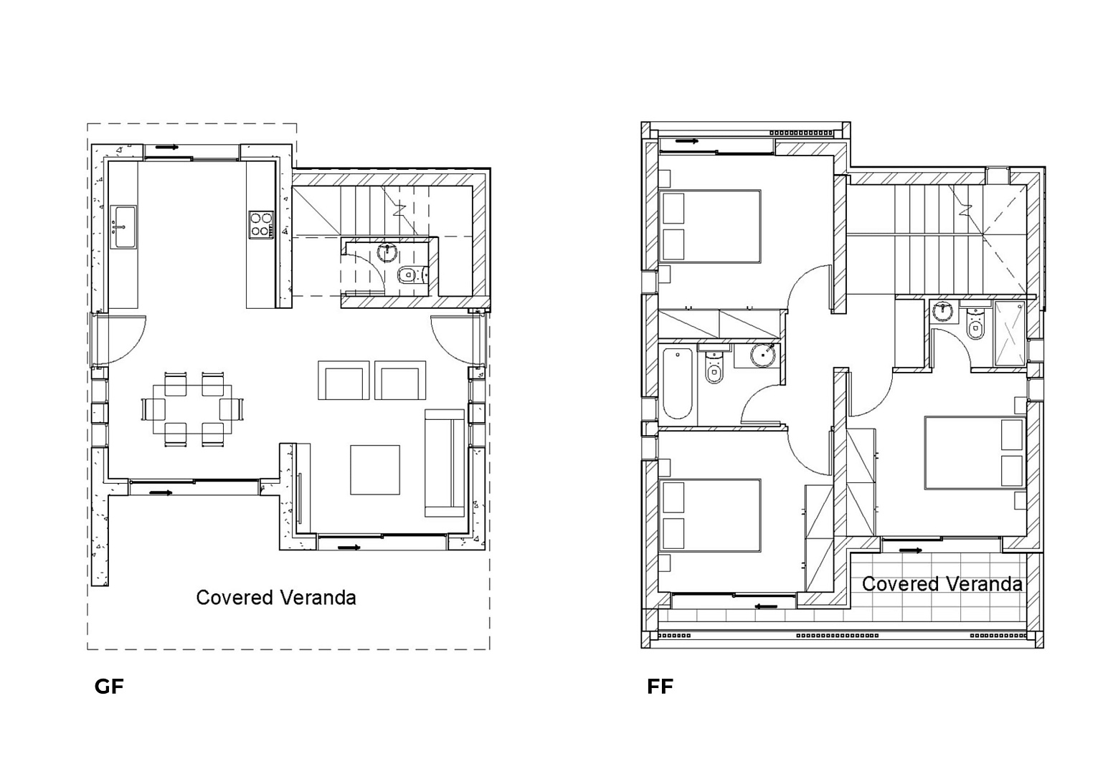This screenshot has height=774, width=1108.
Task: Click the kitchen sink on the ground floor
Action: click(x=123, y=227)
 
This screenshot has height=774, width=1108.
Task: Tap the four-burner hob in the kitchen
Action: click(x=261, y=225)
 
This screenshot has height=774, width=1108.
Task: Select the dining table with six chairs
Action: click(x=192, y=410)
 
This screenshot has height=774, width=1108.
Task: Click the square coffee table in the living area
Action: click(x=375, y=469)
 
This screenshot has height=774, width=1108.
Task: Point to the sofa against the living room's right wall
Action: click(x=445, y=463)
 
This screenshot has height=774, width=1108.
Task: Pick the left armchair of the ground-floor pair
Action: click(x=344, y=380)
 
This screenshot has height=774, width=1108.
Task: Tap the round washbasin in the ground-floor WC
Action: click(x=387, y=252)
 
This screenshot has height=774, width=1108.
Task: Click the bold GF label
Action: click(x=109, y=687)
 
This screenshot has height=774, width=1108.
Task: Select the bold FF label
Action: click(x=660, y=687)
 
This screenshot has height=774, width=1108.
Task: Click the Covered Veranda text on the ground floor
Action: click(x=276, y=598)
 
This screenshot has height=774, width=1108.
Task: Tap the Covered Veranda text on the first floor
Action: click(x=942, y=583)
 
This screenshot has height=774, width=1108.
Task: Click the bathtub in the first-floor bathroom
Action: click(x=677, y=383)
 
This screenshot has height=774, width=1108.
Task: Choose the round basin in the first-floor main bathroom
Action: click(x=762, y=355)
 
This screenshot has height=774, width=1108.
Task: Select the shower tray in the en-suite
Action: click(x=1009, y=334)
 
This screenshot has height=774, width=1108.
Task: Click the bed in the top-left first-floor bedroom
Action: click(x=710, y=226)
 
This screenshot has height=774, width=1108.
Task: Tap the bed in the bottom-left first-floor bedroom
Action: click(x=710, y=515)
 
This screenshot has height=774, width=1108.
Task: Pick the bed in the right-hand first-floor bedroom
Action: click(x=975, y=453)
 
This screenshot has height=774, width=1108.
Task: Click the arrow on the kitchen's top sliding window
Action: click(x=167, y=148)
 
